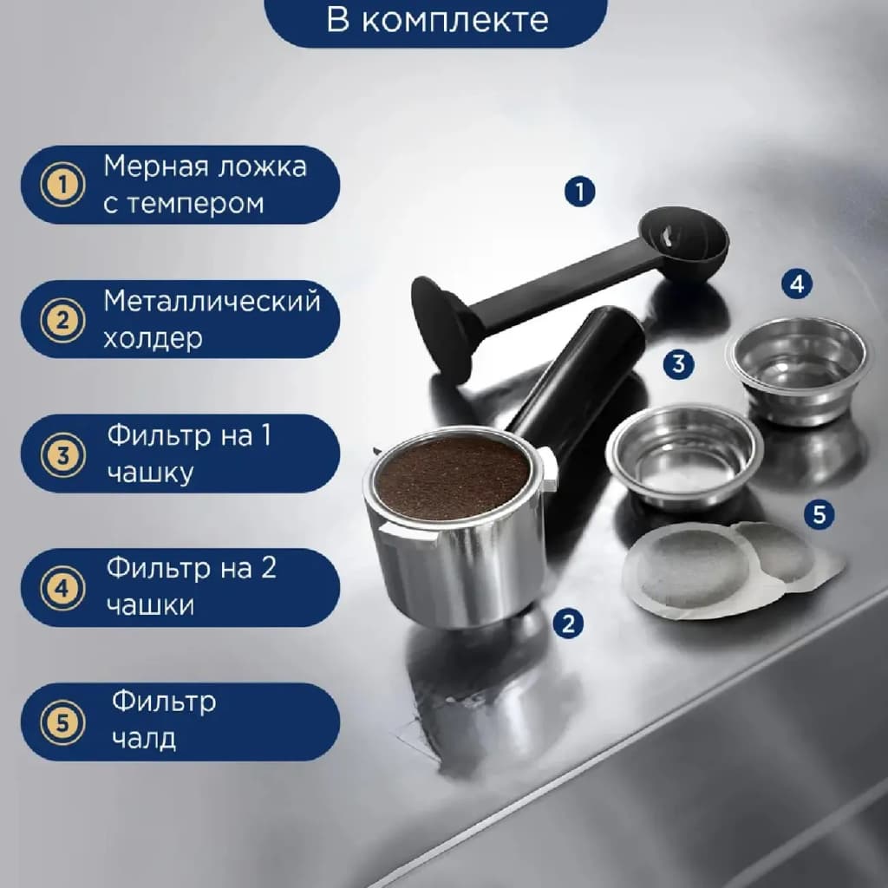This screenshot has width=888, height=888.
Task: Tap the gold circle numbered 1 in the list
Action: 62,185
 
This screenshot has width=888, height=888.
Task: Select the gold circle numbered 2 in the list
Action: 62,319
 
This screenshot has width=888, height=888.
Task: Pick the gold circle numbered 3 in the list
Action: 62,454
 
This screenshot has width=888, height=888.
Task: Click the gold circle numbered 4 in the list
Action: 62,588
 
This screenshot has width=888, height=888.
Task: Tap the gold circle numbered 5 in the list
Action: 62,722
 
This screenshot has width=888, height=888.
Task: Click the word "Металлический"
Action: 212,301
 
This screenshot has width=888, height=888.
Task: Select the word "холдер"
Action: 153,339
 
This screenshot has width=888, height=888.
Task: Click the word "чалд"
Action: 144,738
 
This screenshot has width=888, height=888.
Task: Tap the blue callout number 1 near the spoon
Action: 579,191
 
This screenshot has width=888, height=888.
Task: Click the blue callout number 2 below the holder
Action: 568,624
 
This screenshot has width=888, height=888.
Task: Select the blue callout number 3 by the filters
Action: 678,363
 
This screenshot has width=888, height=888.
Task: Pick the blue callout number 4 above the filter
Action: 797,284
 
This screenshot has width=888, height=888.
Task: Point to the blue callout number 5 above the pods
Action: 819,514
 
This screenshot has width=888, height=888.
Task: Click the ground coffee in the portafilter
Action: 453,478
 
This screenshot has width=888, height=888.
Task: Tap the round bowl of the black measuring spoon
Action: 683,238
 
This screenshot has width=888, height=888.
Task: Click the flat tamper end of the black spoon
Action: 441,330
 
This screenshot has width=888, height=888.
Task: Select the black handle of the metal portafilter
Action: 577,374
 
